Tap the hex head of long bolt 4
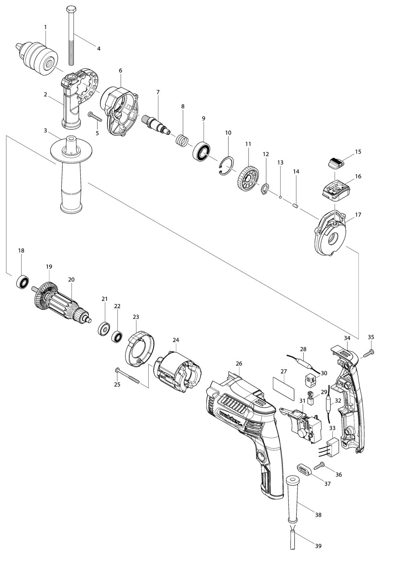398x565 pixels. [x=70, y=9]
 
